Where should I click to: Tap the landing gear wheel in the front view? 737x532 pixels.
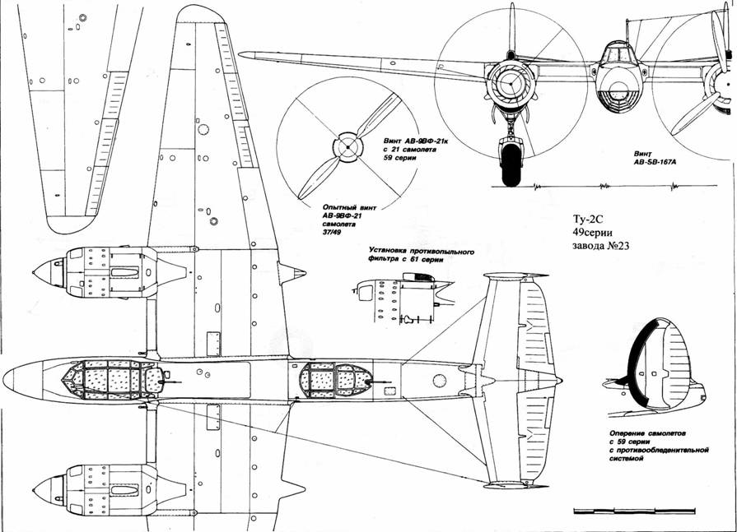tap(511, 161)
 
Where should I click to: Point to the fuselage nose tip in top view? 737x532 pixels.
tap(7, 379)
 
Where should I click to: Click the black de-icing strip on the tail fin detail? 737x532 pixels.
tap(633, 362)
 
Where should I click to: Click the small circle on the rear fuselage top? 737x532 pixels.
tap(438, 380)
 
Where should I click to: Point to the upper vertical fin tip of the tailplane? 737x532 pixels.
tap(511, 276)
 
